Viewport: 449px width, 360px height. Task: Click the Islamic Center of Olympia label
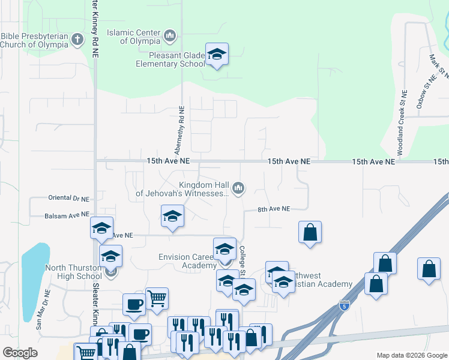coord(133,37)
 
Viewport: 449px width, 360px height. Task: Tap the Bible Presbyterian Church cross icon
coord(76,40)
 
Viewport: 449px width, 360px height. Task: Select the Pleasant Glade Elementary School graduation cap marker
coord(217,55)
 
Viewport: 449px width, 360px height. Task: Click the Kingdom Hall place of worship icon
coord(239,188)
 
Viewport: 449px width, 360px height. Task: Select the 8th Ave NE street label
coord(274,209)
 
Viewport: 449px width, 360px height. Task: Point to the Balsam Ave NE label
coord(67,215)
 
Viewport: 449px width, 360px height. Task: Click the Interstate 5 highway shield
coord(344,305)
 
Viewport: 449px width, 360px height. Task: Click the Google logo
coord(20,353)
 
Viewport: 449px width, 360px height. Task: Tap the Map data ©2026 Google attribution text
coord(411,355)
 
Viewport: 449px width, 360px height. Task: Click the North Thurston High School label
coord(73,272)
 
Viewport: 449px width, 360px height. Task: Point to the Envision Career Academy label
coord(187,261)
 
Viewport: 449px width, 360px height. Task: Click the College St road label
coord(243,261)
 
